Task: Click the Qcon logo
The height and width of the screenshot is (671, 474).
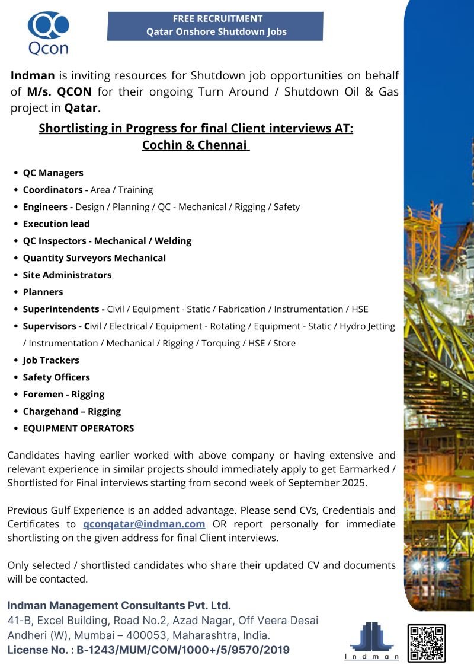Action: tap(48, 33)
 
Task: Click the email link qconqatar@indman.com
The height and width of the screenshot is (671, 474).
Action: tap(144, 524)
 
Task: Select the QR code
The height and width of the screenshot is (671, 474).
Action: tap(426, 643)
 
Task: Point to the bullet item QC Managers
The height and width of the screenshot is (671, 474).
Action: tap(53, 173)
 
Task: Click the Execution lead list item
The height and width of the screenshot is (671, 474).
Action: tap(56, 224)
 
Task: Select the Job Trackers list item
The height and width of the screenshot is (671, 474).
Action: tap(51, 360)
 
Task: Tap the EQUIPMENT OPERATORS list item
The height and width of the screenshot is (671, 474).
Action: tap(78, 428)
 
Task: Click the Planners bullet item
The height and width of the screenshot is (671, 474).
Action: tap(43, 292)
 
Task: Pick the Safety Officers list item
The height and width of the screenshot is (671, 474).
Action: tap(56, 377)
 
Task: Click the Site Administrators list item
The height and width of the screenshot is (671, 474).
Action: tap(67, 275)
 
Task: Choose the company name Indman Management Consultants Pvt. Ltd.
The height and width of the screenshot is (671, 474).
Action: tap(118, 606)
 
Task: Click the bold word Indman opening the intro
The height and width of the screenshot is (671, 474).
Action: tap(33, 76)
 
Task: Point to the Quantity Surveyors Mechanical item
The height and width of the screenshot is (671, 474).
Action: tap(94, 258)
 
